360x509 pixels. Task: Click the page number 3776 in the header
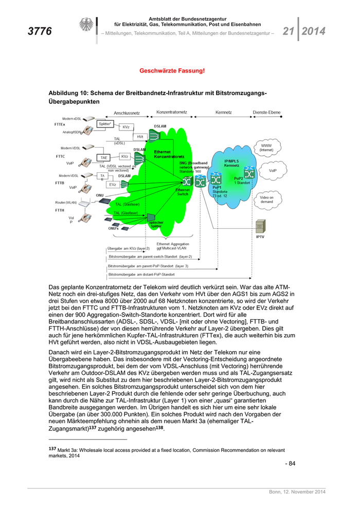[x=39, y=31]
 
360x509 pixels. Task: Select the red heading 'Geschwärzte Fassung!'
[x=172, y=70]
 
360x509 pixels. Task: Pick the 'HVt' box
[x=140, y=136]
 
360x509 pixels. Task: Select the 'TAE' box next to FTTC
[x=104, y=158]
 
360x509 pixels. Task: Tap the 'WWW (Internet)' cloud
[x=266, y=148]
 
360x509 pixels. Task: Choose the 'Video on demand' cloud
[x=266, y=199]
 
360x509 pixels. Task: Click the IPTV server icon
[x=260, y=226]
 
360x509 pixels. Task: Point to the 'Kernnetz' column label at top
[x=224, y=112]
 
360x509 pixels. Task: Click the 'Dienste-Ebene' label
[x=267, y=112]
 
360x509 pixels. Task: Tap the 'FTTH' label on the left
[x=60, y=210]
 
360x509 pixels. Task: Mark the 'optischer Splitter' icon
[x=151, y=218]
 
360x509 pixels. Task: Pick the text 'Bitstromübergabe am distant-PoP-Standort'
[x=141, y=275]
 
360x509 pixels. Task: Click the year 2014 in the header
[x=314, y=31]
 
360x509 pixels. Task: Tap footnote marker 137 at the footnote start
[x=51, y=449]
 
